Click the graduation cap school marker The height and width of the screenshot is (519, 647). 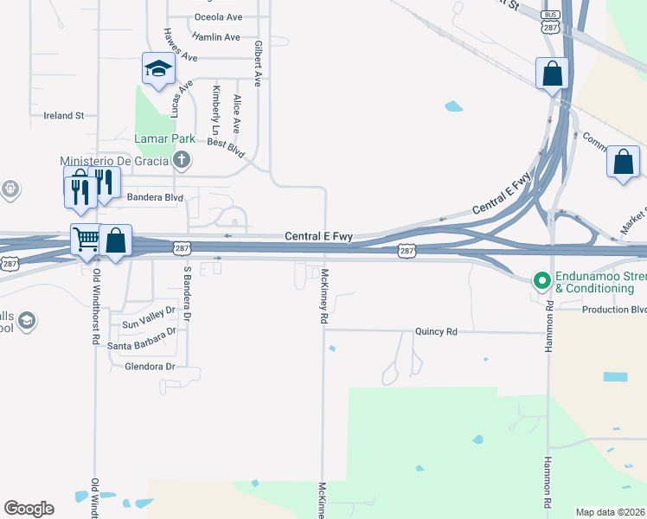click(x=158, y=69)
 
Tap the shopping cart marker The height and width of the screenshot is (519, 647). click(x=86, y=239)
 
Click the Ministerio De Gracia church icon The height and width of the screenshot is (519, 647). click(x=182, y=159)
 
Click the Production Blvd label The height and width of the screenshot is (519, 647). click(x=613, y=310)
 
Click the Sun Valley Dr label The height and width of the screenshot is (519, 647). click(x=149, y=324)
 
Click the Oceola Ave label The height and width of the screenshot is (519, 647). click(x=218, y=17)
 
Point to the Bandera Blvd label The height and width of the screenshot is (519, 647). click(x=155, y=197)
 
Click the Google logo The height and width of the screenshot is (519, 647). click(x=29, y=508)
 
